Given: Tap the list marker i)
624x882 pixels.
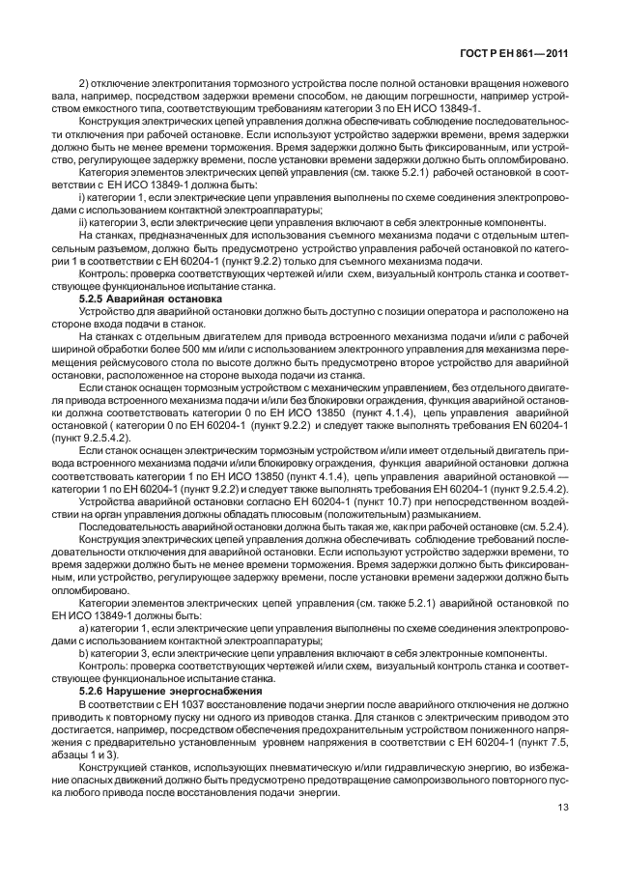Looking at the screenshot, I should click(x=81, y=198).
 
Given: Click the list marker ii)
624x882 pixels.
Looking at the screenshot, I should click(x=83, y=220).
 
